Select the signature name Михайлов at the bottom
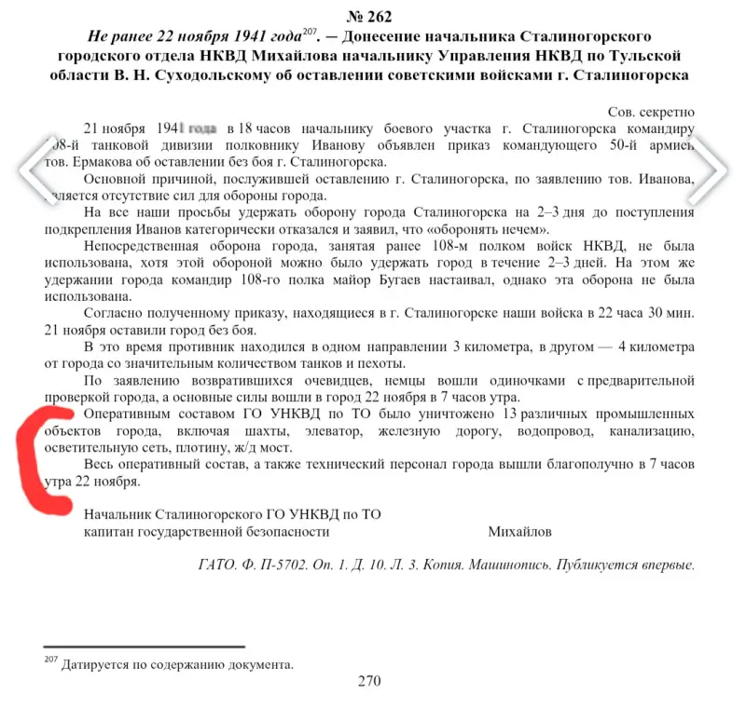pyautogui.click(x=519, y=531)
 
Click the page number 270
pyautogui.click(x=369, y=681)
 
